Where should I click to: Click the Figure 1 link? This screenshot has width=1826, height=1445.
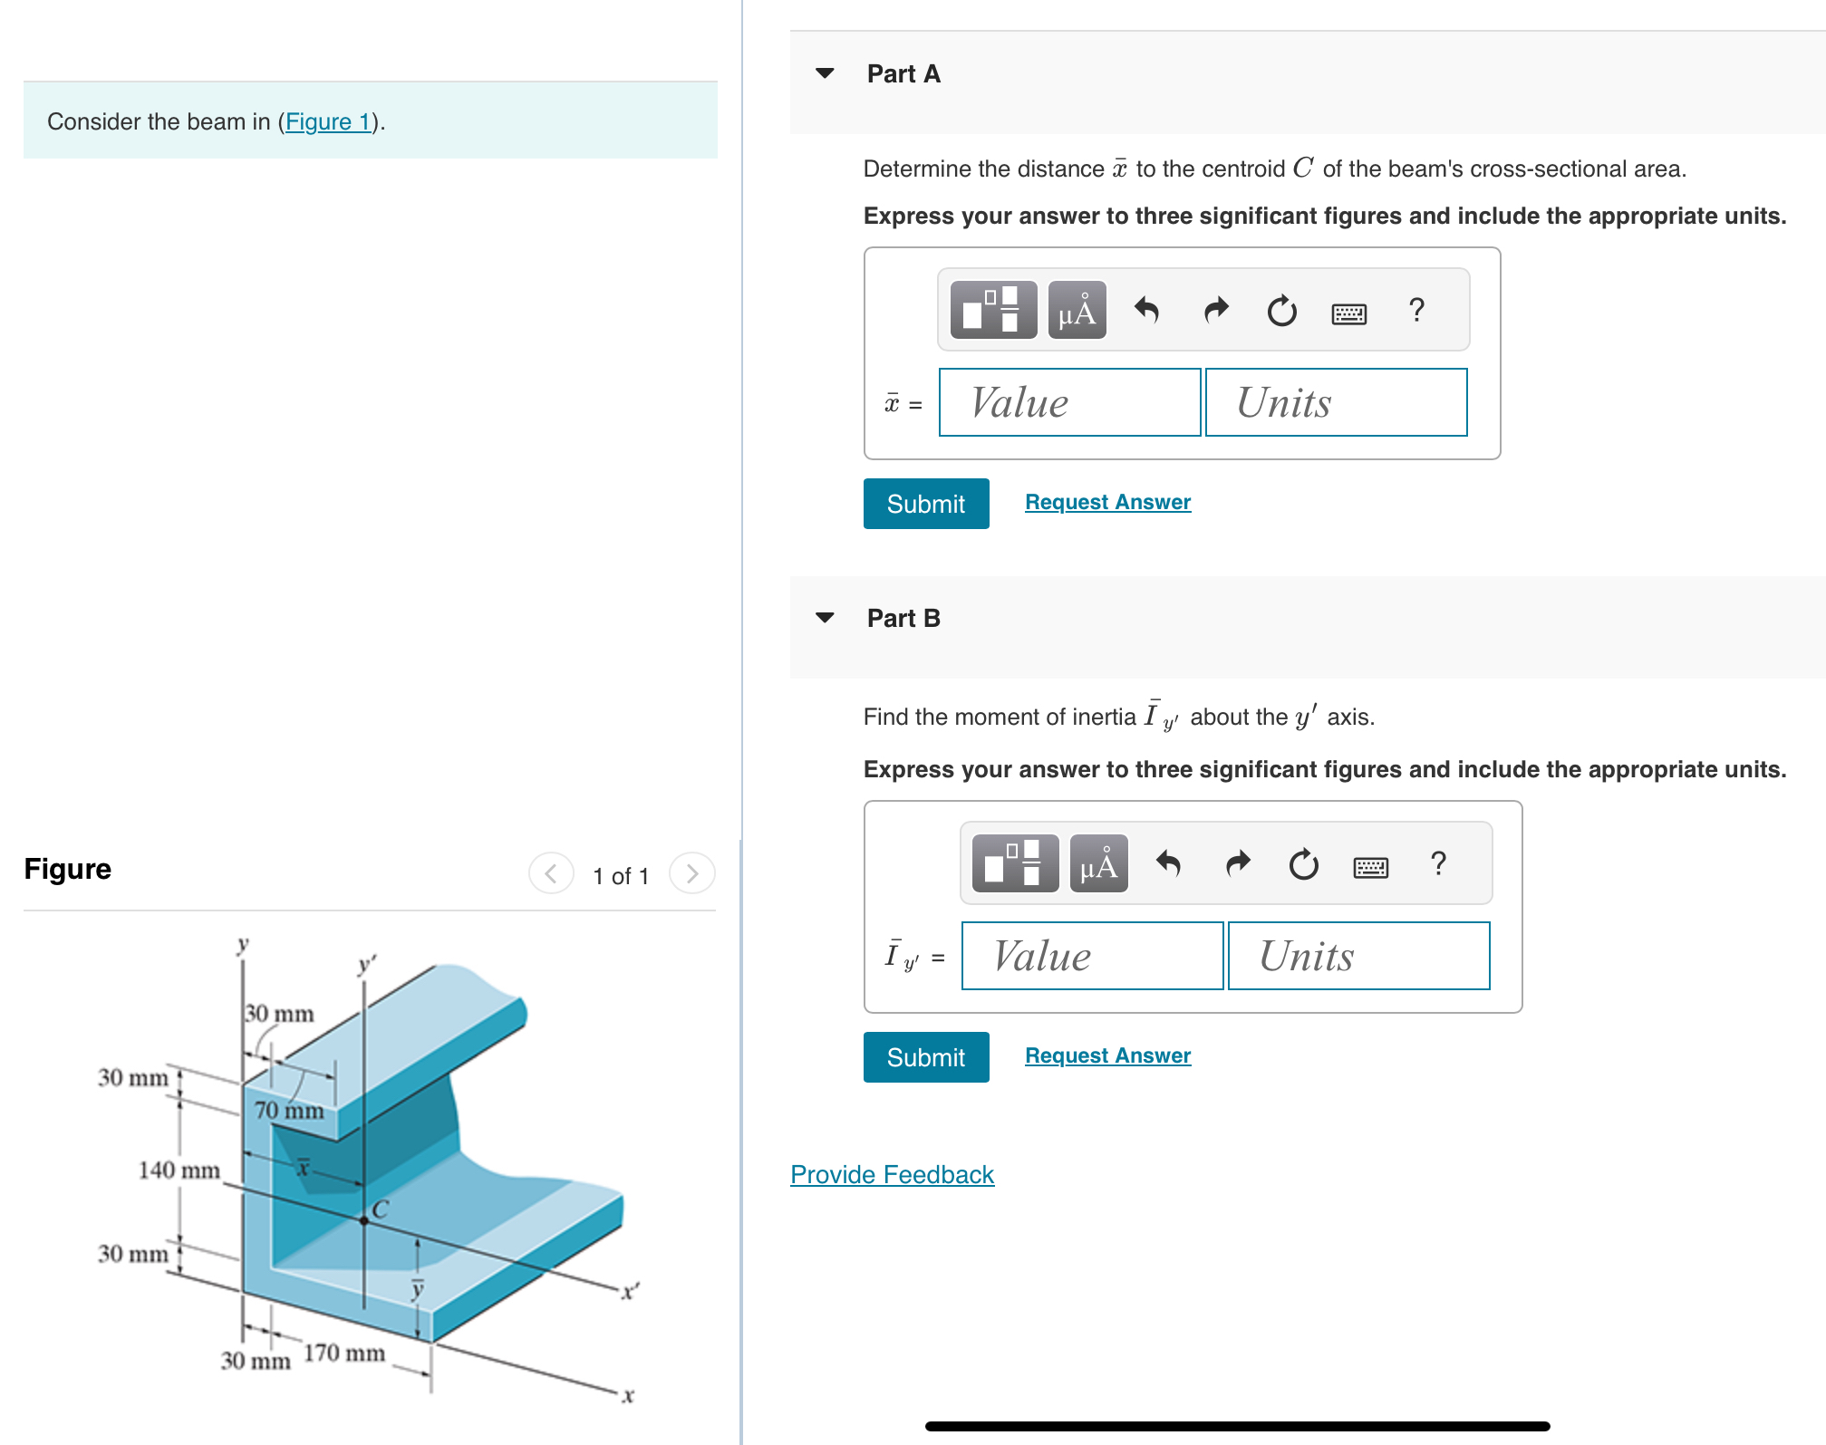point(328,121)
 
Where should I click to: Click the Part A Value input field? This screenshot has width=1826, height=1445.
point(1069,402)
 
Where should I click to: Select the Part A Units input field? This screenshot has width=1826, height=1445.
point(1336,402)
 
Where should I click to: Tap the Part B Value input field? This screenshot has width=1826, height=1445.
point(1092,956)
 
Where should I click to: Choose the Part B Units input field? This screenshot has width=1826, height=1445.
point(1358,956)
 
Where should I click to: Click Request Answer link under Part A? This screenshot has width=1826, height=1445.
point(1107,502)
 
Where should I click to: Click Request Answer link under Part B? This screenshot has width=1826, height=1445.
point(1107,1055)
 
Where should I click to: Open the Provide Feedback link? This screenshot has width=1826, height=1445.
point(892,1174)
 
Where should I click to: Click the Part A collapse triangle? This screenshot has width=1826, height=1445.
point(825,73)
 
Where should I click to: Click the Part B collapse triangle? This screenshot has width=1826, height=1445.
point(825,618)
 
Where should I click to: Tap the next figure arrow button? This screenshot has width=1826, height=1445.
point(692,873)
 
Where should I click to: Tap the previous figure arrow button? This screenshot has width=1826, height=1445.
point(551,873)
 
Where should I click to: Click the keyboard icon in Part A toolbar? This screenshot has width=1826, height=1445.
point(1348,313)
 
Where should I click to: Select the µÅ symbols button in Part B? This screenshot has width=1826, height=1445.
point(1098,864)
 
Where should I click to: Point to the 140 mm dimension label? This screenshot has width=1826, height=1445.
point(179,1170)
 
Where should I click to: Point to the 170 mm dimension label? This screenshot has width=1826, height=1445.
point(343,1353)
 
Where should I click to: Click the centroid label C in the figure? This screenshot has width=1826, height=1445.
point(380,1209)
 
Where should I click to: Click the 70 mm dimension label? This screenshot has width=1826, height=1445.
point(288,1110)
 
